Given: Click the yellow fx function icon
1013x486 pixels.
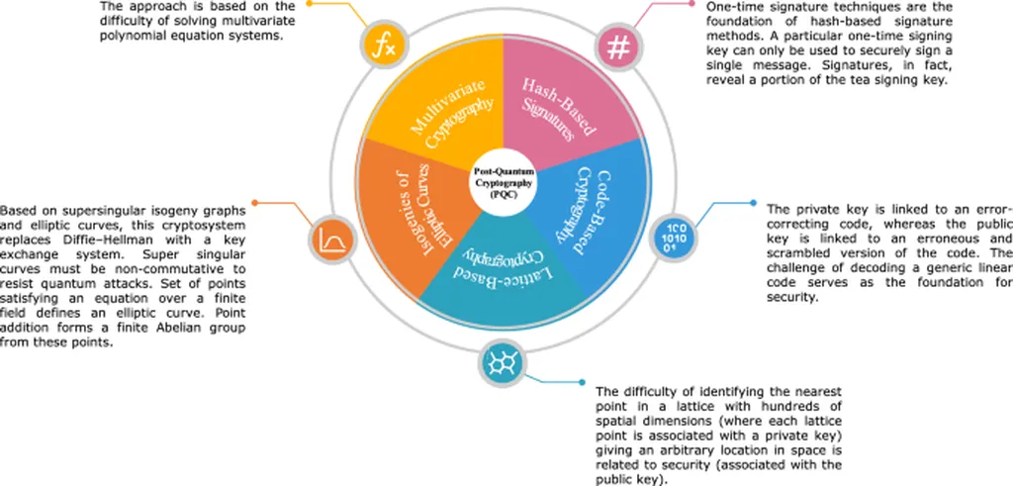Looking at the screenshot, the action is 382,47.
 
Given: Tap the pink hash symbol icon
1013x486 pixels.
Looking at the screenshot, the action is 618,48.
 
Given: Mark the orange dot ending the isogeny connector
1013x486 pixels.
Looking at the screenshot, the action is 254,203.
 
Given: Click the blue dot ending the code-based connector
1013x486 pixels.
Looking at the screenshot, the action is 753,203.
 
